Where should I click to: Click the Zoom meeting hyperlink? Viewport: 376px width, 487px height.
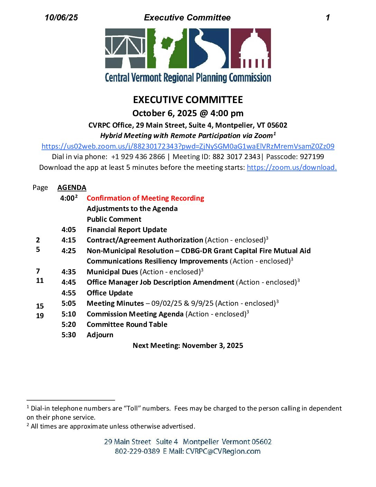coord(188,146)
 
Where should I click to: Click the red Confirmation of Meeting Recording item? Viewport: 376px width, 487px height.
coord(145,198)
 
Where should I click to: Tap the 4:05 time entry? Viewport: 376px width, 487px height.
coord(68,230)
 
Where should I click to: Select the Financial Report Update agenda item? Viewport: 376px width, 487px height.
coord(127,230)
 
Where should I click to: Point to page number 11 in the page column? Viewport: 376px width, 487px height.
coord(40,281)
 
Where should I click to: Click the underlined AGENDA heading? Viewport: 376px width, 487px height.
coord(72,187)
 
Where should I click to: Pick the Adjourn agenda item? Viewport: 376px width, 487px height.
coord(100,335)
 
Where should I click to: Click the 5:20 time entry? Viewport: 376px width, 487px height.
coord(68,324)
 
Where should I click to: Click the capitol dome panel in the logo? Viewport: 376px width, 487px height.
coord(251,48)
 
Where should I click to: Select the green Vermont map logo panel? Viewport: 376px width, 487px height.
coord(167,48)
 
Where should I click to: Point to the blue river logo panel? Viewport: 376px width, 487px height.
coord(209,48)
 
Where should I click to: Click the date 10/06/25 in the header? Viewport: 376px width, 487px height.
coord(61,18)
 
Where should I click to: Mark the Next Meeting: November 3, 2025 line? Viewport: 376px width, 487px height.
coord(188,346)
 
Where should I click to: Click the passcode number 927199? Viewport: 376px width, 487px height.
coord(312,157)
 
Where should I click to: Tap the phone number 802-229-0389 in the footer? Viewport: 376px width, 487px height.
coord(137,451)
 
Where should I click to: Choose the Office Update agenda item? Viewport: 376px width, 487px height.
coord(110,293)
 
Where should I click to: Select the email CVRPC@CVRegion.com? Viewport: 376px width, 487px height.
coord(223,451)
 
